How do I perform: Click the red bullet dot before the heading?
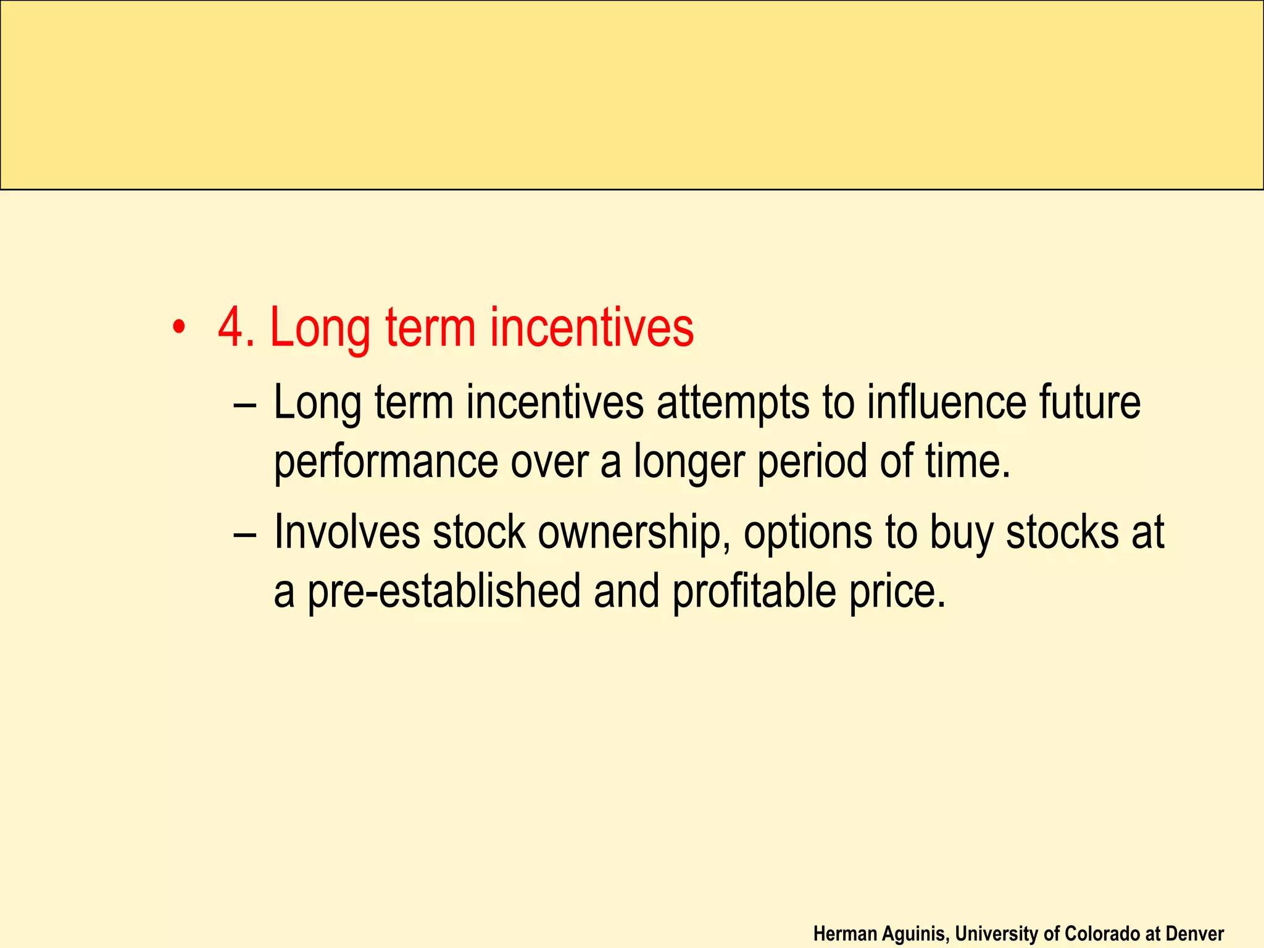[178, 327]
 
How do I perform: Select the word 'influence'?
[947, 402]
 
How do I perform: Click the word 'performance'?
[386, 462]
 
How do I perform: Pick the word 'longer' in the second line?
[689, 462]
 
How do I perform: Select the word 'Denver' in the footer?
[1194, 934]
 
